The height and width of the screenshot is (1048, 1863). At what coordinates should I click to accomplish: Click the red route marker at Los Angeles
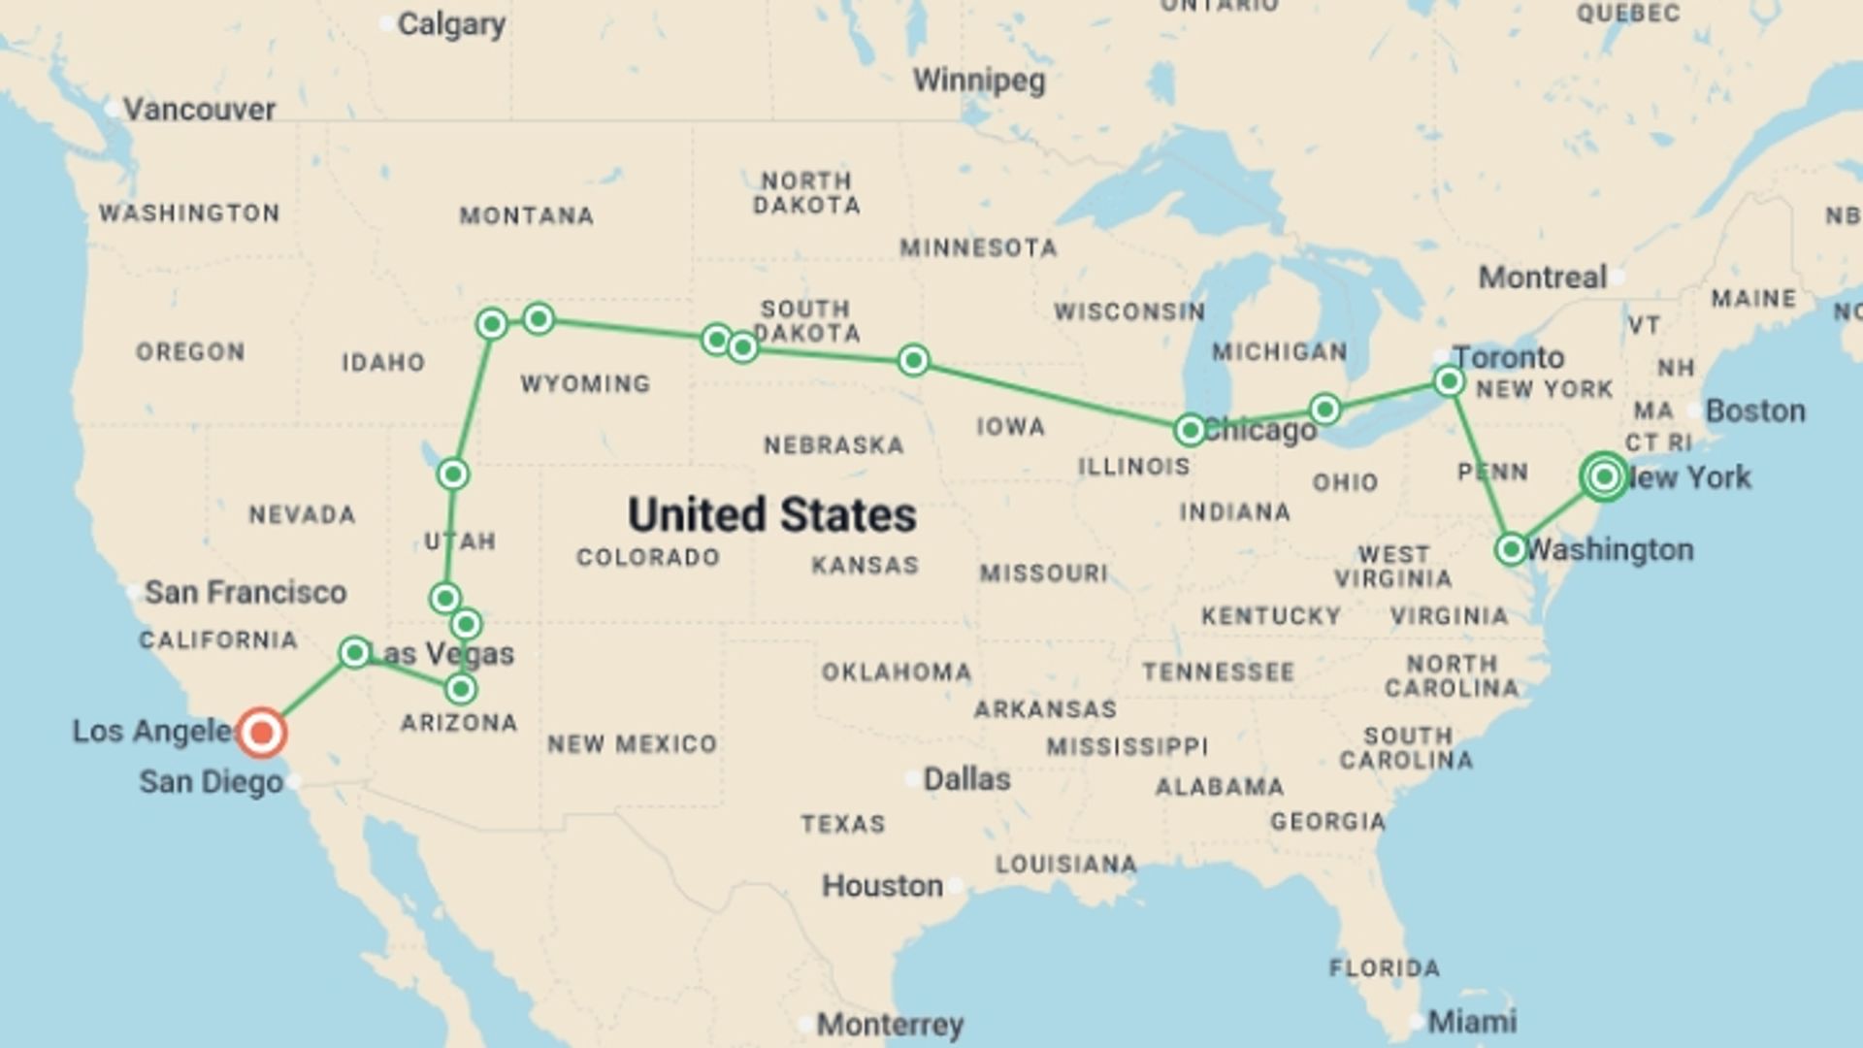pos(262,733)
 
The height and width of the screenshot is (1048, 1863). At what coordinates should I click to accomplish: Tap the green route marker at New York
pos(1604,476)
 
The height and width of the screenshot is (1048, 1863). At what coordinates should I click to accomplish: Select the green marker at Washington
pos(1511,549)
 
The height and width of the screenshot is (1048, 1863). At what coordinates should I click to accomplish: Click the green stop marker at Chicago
pos(1190,430)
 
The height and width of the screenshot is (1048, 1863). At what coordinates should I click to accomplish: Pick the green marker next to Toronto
pos(1449,381)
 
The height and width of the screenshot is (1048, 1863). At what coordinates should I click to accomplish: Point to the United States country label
pos(771,514)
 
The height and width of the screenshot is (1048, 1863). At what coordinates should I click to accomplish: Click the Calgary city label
pos(451,24)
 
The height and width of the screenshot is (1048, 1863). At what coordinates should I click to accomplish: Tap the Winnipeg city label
pos(979,80)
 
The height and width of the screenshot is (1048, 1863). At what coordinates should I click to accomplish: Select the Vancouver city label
pos(199,109)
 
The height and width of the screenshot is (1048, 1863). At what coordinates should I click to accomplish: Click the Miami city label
pos(1472,1021)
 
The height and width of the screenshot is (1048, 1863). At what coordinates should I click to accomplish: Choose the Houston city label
pos(882,885)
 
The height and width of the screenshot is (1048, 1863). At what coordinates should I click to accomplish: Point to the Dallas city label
pos(966,778)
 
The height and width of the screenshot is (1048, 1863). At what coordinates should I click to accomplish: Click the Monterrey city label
pos(890,1024)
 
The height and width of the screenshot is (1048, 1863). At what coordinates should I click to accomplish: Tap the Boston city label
pos(1755,410)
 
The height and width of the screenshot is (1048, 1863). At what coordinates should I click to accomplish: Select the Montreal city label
pos(1543,278)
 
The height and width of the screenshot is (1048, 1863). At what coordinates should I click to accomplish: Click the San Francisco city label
pos(245,592)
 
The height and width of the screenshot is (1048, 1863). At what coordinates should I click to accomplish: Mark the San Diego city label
pos(212,781)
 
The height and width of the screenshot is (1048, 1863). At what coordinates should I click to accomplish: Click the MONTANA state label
pos(527,215)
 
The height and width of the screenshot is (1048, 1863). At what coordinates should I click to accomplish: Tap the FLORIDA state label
pos(1385,967)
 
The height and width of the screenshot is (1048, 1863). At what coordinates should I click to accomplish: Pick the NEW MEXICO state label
pos(632,744)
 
